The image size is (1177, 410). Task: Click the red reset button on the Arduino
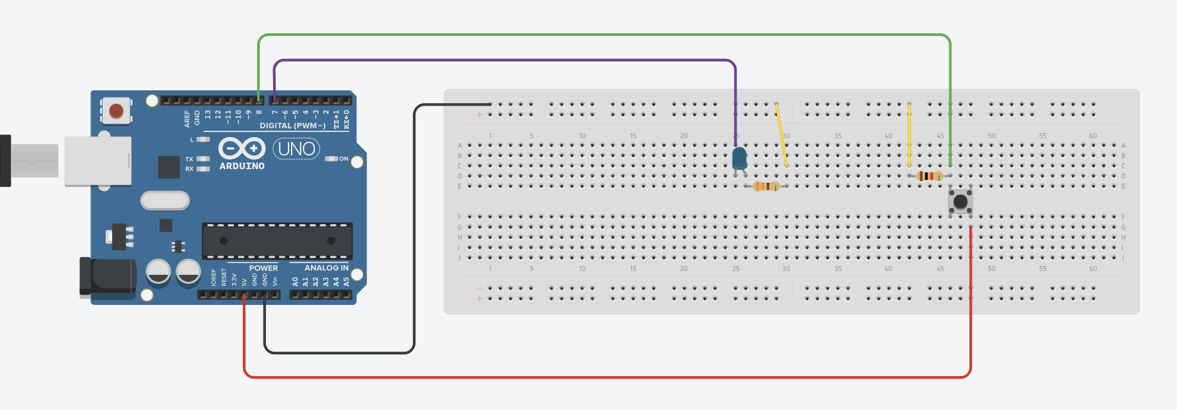coord(116,111)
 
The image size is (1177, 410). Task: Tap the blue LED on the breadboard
coord(739,157)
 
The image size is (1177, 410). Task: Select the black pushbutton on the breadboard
coord(960,202)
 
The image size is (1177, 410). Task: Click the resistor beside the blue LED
coord(766,186)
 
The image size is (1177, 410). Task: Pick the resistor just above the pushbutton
coord(929,176)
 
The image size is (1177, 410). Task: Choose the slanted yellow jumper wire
coord(781,135)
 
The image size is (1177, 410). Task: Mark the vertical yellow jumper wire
coord(909,135)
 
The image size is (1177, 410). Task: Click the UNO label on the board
coord(296,149)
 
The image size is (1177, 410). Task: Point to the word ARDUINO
coord(242,166)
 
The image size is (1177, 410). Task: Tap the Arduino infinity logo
coord(242,149)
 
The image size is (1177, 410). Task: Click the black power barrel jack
coord(107,276)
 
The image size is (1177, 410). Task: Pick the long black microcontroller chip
coord(277,241)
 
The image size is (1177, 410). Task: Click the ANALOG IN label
coord(326,268)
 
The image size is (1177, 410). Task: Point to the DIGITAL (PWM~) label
coord(292,126)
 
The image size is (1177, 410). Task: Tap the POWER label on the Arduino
coord(263,268)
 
